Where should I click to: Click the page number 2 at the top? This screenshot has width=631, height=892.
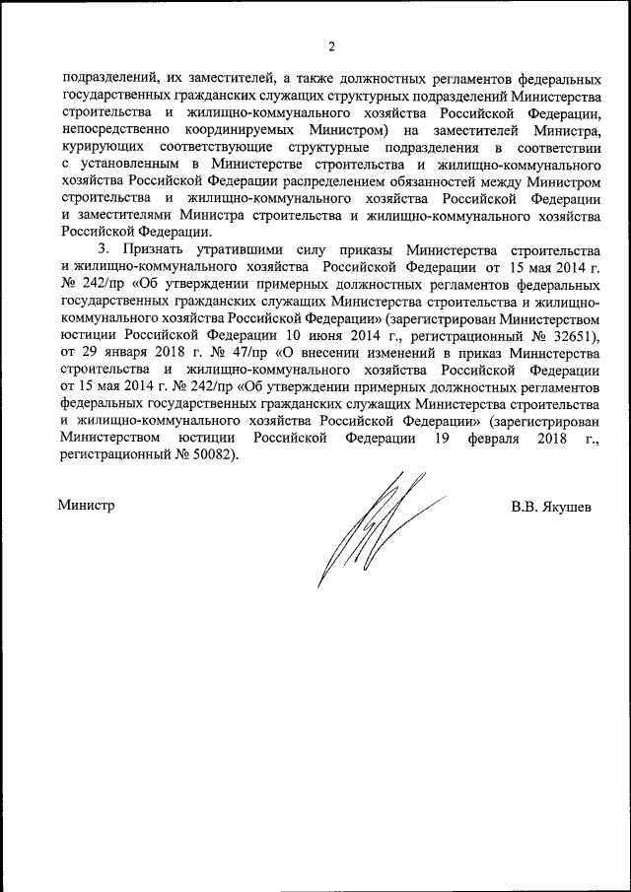331,46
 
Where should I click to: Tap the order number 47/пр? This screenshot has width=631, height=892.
209,353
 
